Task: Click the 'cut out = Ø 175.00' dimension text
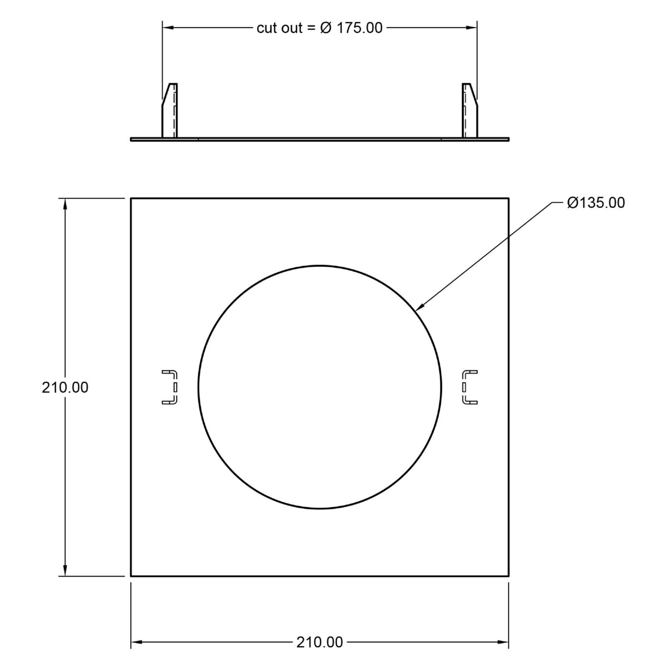pos(319,28)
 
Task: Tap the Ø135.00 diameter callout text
pos(596,203)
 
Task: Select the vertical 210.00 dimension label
pos(65,387)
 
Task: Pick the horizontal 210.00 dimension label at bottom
pos(320,642)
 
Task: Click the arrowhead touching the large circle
pos(420,306)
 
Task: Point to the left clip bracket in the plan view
pos(170,387)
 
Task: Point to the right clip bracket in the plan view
pos(470,387)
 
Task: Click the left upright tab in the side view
pos(170,110)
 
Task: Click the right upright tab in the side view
pos(470,110)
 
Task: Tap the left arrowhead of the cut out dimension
pos(168,28)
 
